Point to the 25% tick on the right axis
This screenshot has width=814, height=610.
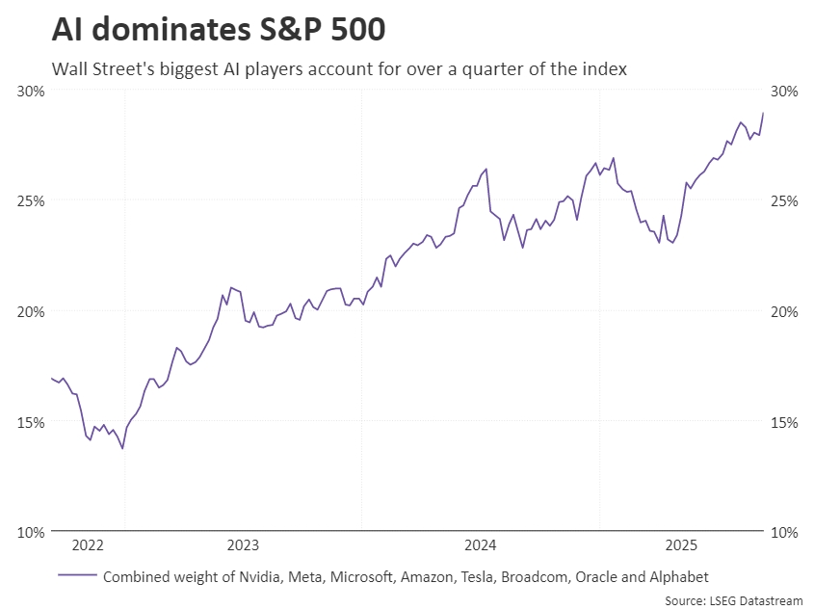[x=785, y=201]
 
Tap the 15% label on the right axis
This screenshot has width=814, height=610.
[x=785, y=422]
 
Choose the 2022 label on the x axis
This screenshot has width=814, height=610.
[x=88, y=545]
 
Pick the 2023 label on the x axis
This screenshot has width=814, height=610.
[x=243, y=545]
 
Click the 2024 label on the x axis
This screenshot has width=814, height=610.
[x=480, y=545]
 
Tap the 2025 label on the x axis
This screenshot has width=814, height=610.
[x=681, y=545]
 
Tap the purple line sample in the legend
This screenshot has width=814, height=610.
[x=77, y=576]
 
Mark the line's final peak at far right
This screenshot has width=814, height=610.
[x=763, y=113]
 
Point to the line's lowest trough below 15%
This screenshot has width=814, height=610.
[x=122, y=448]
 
